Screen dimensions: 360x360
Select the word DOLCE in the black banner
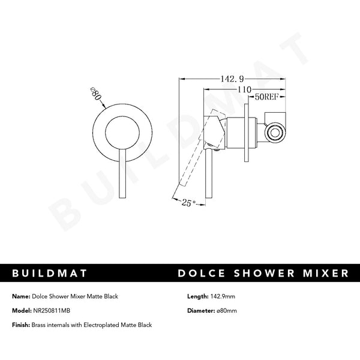click(205, 274)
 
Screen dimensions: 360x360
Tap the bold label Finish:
click(21, 325)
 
